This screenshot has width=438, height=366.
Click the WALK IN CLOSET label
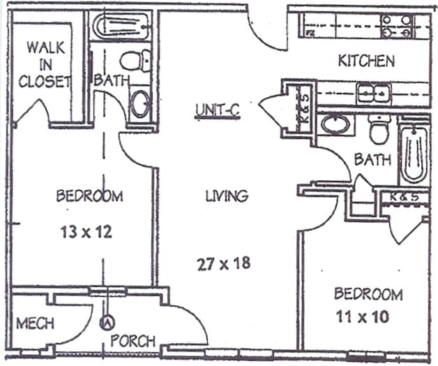click(x=45, y=64)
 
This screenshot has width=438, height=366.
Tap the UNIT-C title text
click(x=218, y=110)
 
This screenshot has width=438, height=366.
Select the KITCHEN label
click(x=366, y=61)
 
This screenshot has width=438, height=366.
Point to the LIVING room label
click(x=227, y=196)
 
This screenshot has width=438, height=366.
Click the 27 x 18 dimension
click(x=224, y=264)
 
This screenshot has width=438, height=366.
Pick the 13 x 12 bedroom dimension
click(x=86, y=232)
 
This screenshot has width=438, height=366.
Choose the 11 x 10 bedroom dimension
click(x=363, y=317)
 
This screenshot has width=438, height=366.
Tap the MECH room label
click(x=35, y=323)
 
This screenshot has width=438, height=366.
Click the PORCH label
click(x=133, y=341)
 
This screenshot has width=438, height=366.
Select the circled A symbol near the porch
click(x=107, y=323)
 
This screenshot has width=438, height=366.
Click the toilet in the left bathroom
click(x=135, y=60)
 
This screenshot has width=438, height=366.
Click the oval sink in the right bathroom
click(x=335, y=124)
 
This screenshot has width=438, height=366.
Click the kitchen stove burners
click(x=397, y=27)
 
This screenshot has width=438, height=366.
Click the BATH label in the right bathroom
click(x=372, y=159)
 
